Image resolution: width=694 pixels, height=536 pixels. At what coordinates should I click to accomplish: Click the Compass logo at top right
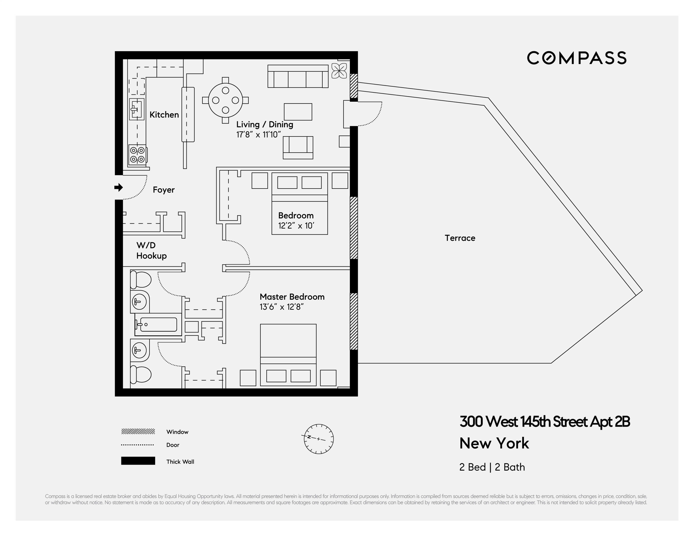(577, 58)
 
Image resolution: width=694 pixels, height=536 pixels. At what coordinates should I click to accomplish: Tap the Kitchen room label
(164, 115)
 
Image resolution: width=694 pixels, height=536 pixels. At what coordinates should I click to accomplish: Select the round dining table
(225, 100)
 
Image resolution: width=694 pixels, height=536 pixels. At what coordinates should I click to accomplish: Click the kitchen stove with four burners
(137, 155)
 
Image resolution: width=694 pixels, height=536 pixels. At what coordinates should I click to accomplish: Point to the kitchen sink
(137, 109)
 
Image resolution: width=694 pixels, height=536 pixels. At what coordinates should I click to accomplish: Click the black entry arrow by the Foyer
(119, 188)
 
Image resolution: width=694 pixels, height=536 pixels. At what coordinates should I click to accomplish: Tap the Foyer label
(164, 190)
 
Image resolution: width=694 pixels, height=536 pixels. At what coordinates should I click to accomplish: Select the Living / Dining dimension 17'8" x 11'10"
(258, 135)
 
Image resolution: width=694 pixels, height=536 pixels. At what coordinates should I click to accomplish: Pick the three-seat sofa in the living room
(298, 77)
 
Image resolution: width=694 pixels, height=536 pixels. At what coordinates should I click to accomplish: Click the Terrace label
(460, 238)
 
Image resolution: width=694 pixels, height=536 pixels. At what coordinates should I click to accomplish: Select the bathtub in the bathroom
(158, 324)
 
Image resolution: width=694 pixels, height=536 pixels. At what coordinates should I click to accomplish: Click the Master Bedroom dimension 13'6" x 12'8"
(281, 307)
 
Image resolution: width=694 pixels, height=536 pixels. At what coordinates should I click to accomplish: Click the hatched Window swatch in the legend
(138, 431)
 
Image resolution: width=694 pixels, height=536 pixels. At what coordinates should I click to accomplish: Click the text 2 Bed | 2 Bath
(492, 467)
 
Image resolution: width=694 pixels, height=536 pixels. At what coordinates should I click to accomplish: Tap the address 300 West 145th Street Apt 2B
(544, 422)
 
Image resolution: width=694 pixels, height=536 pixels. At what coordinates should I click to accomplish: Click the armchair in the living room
(298, 147)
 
